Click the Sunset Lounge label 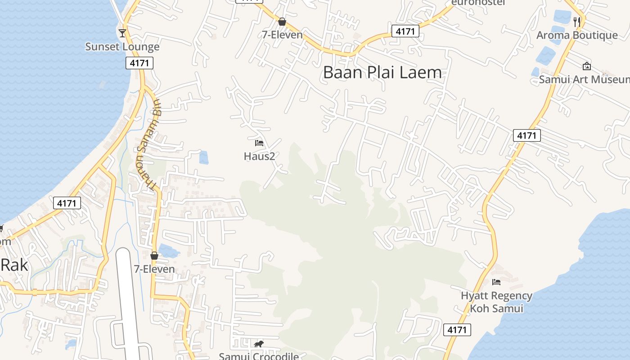[122, 47]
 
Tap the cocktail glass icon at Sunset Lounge [122, 33]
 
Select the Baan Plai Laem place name [382, 72]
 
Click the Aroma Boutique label [577, 35]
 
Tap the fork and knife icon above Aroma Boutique [577, 21]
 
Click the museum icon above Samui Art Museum [587, 66]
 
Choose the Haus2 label [259, 156]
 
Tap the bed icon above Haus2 [259, 143]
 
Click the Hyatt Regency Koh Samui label [496, 302]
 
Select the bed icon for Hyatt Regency [496, 282]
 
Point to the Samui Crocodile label [259, 356]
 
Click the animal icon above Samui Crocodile [258, 344]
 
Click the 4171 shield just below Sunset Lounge [139, 63]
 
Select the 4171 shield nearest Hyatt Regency [457, 330]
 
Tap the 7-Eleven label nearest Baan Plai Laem [282, 35]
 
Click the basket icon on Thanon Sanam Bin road [154, 256]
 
